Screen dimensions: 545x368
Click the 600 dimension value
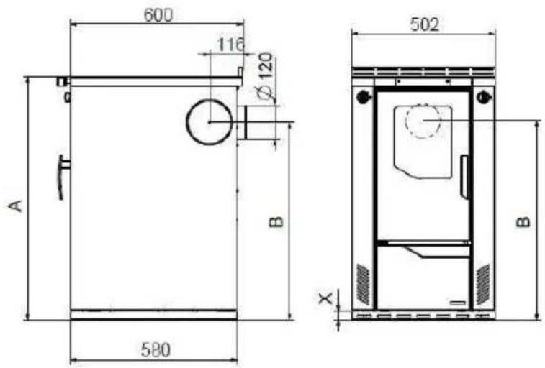tap(158, 15)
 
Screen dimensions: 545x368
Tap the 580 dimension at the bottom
tap(156, 349)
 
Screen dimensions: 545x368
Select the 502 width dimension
tap(424, 24)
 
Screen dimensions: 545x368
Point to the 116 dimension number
tap(231, 44)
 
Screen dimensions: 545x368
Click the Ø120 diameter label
tap(266, 77)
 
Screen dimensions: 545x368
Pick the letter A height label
tap(15, 206)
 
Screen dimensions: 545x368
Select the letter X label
tap(325, 298)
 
